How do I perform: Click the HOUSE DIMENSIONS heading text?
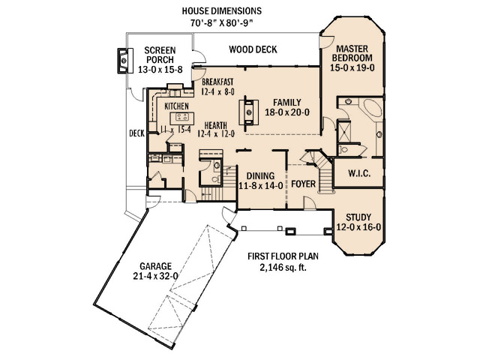click(222, 11)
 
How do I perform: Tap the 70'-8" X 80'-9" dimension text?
click(222, 23)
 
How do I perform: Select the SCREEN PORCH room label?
click(160, 55)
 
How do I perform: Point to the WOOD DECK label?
click(253, 49)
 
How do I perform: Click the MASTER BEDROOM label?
click(352, 53)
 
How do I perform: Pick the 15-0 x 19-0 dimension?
click(352, 67)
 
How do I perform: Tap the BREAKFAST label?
click(217, 82)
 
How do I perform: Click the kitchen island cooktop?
click(182, 117)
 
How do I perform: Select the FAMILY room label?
click(287, 102)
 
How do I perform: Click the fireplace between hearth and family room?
click(249, 112)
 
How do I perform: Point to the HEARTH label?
click(216, 125)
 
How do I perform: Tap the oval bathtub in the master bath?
click(370, 107)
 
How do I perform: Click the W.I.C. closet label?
click(359, 173)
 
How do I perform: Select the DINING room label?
click(260, 176)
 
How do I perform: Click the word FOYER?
click(303, 184)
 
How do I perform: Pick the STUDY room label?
click(358, 217)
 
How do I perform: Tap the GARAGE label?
click(155, 266)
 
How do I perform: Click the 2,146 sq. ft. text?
click(283, 268)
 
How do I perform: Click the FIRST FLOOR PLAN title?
click(283, 256)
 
